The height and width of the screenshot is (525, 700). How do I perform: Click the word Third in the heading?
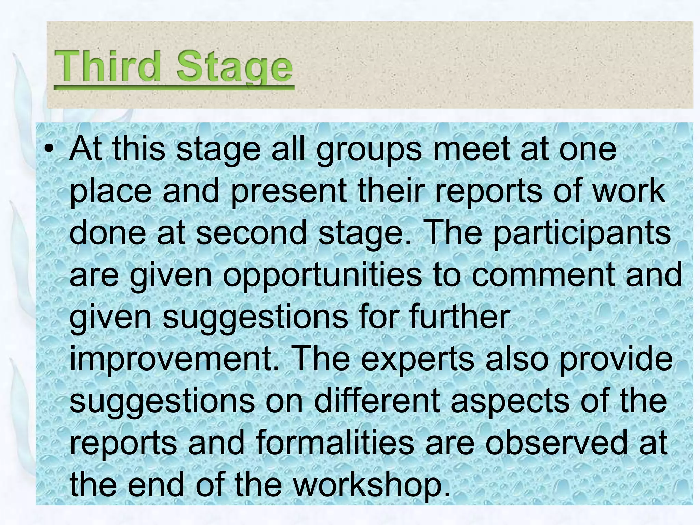[107, 66]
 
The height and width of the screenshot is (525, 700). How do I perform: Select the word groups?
[369, 150]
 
